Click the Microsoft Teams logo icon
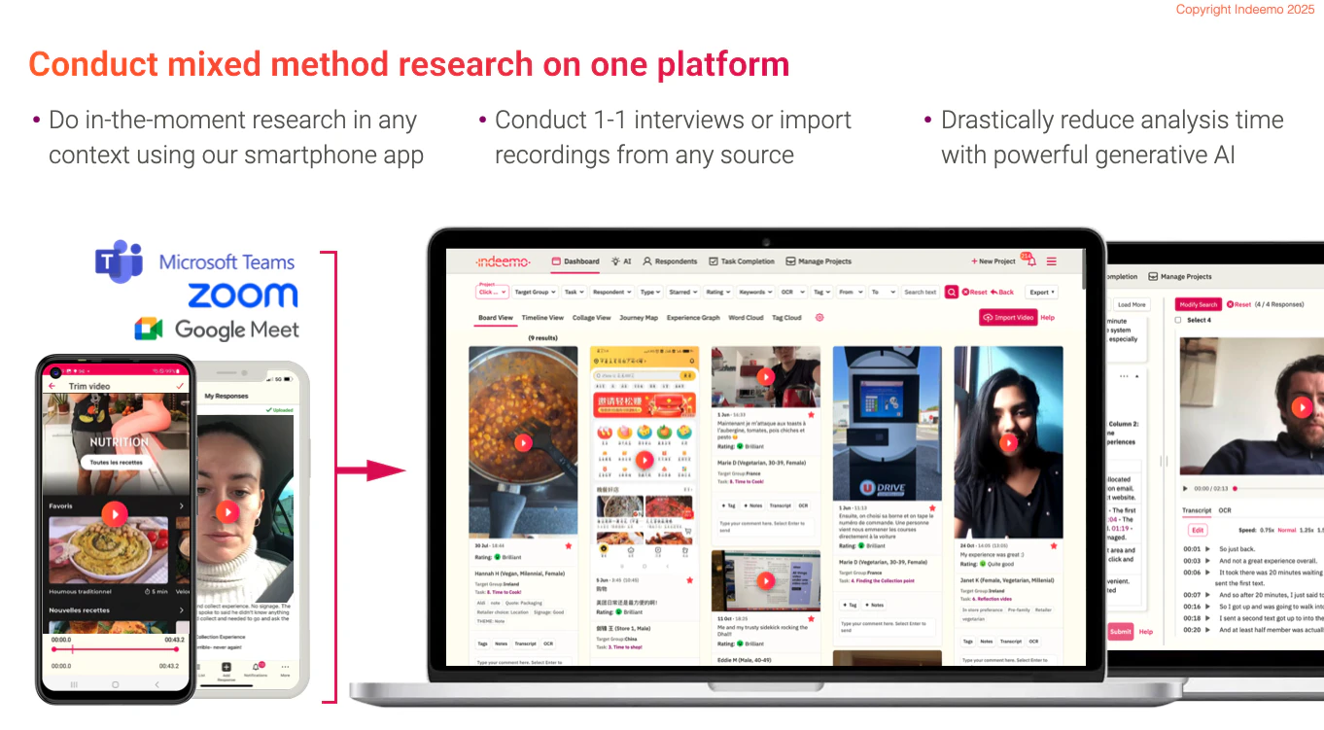(120, 261)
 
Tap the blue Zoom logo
(242, 295)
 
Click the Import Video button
(1008, 318)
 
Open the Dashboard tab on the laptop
(575, 261)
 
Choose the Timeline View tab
(542, 318)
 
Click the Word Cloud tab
(746, 318)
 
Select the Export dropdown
(1042, 292)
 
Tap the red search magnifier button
(951, 292)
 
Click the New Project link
(993, 261)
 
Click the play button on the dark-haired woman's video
(1009, 443)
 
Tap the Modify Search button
(1199, 304)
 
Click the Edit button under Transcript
(1198, 530)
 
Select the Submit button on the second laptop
(1120, 632)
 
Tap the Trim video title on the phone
(89, 386)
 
